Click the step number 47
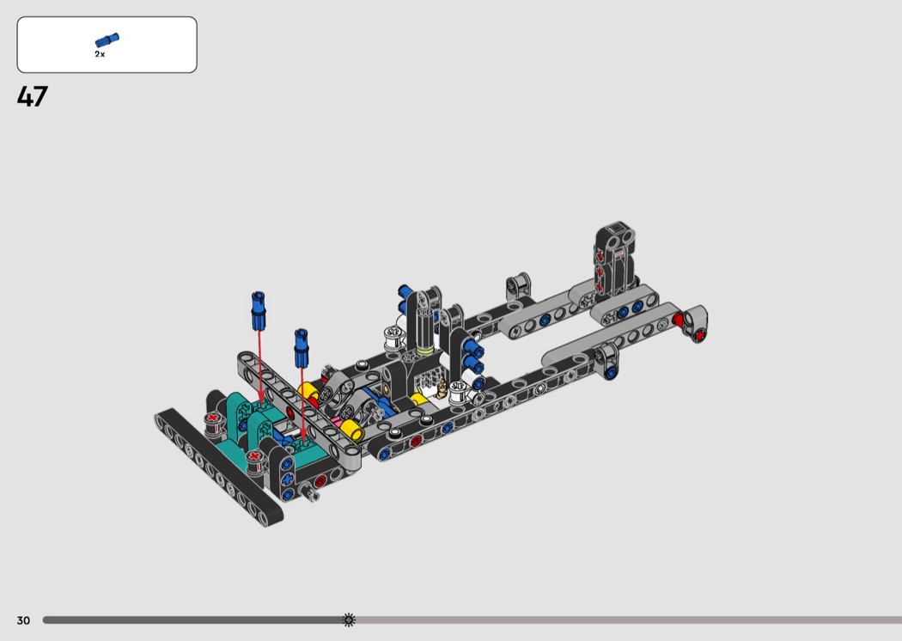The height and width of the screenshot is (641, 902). click(33, 96)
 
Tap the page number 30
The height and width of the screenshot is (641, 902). click(23, 620)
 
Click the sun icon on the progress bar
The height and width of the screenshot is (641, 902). click(349, 620)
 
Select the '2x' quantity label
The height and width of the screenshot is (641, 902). click(100, 54)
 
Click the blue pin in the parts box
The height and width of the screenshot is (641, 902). click(107, 40)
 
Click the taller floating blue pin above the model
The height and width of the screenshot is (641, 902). click(259, 311)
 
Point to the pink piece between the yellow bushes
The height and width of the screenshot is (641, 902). click(336, 422)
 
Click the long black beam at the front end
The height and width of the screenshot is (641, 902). click(218, 467)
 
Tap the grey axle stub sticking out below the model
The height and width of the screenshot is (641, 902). click(311, 492)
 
